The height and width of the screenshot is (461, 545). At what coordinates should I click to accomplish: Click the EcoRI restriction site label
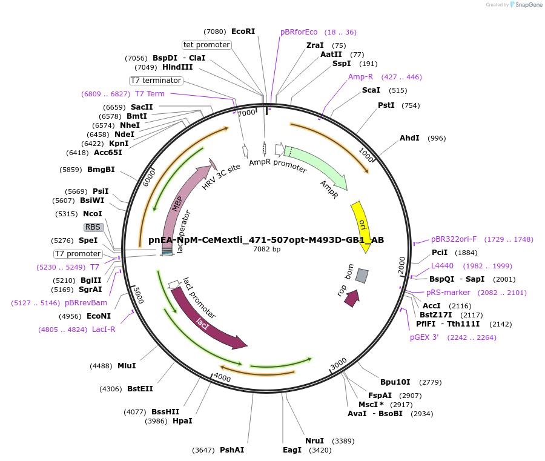(x=243, y=32)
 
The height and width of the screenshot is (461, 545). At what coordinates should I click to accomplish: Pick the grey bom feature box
(x=362, y=276)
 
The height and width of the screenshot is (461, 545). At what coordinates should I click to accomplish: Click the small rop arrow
(x=351, y=297)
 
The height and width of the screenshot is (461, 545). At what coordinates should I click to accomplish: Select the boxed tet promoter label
(x=206, y=45)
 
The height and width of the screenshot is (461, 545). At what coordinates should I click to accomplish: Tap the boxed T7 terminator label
(x=156, y=81)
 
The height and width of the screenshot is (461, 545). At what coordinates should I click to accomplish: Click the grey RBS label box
(x=93, y=227)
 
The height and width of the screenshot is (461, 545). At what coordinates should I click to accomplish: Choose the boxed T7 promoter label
(x=78, y=254)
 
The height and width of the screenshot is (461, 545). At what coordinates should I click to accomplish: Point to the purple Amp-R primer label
(x=360, y=77)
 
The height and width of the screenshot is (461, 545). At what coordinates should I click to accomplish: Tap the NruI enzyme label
(x=314, y=441)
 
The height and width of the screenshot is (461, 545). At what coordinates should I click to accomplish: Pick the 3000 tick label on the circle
(x=339, y=362)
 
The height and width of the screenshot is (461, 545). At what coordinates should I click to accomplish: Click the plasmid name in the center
(x=266, y=240)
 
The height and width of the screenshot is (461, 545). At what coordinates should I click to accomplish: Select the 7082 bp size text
(x=266, y=250)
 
